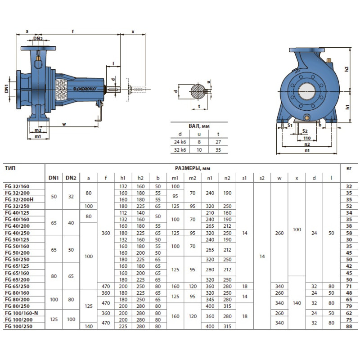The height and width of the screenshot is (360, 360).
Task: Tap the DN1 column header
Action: pos(54,178)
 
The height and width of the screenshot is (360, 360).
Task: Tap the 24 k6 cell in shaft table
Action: pos(180,142)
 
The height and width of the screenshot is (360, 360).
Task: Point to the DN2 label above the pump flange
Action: pos(38,39)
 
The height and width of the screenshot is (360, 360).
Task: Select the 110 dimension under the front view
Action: pos(307,138)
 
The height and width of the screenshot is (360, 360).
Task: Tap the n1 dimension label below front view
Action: pos(307,151)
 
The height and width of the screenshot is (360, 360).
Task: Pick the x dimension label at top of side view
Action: pos(133,32)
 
